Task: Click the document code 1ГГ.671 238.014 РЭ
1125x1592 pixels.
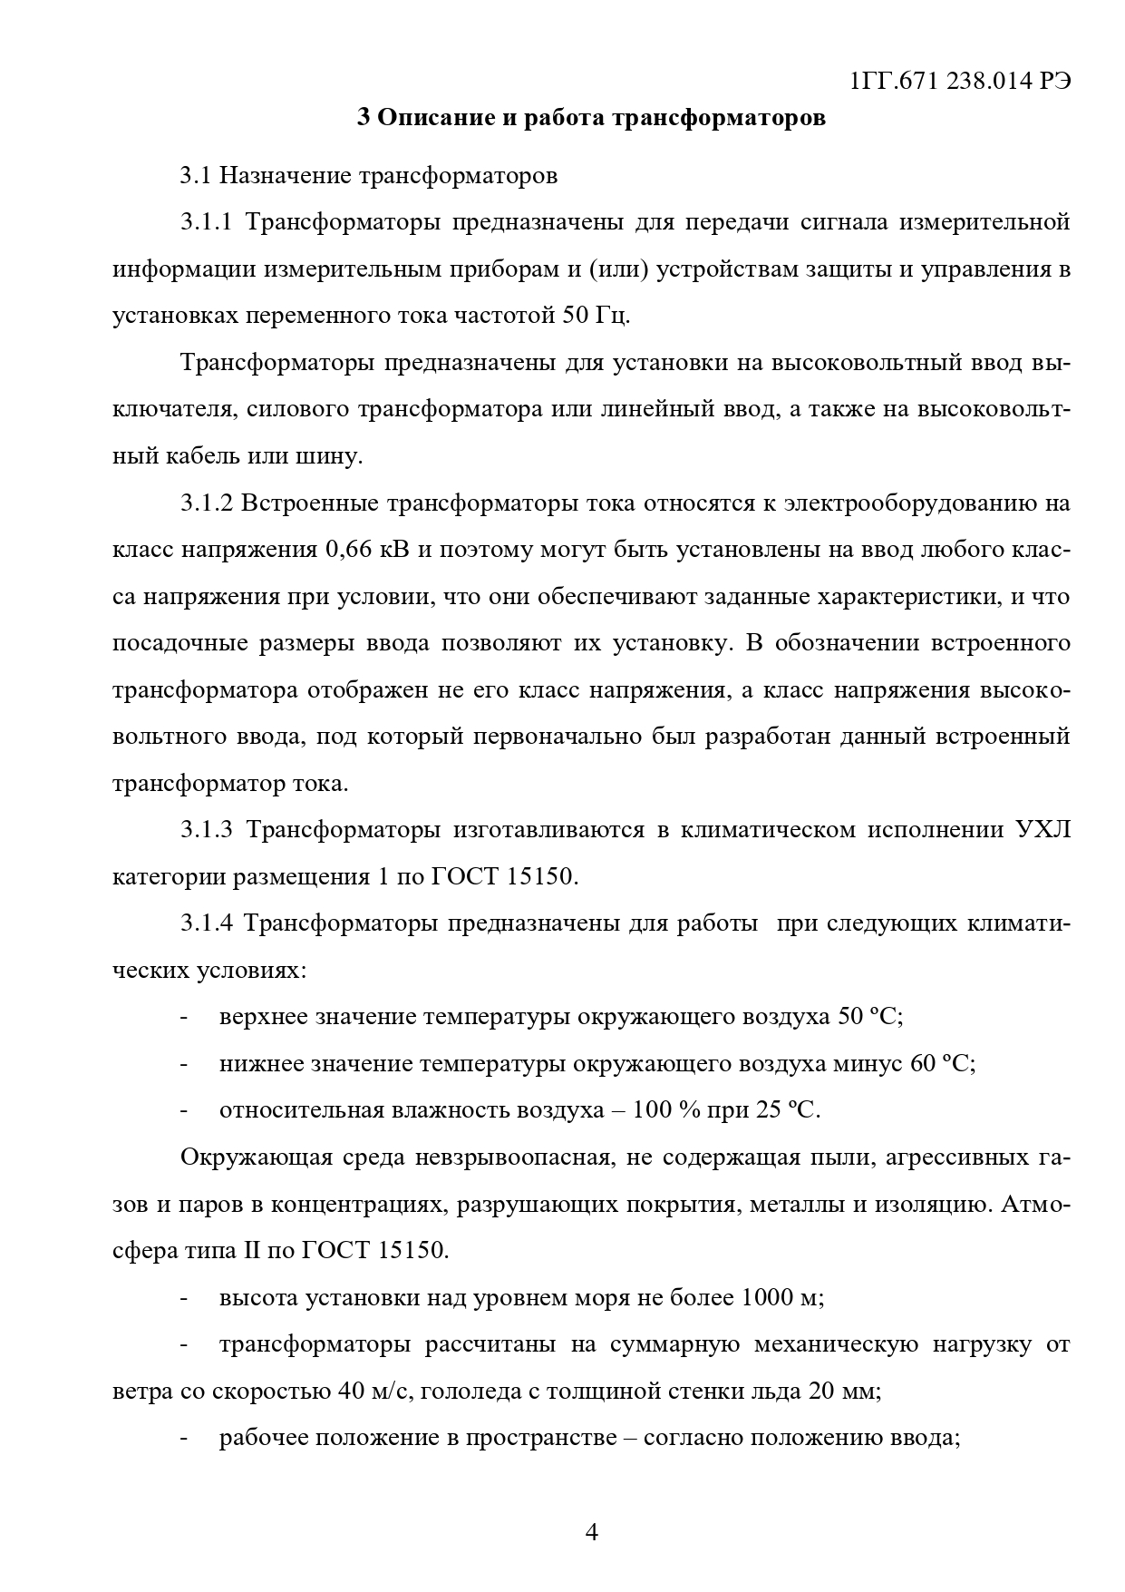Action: [961, 81]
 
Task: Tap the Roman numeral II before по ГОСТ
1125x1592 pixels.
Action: [251, 1251]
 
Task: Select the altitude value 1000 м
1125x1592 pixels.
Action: [781, 1298]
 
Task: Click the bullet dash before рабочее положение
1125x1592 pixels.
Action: [184, 1439]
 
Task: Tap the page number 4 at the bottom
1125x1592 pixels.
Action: [591, 1533]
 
